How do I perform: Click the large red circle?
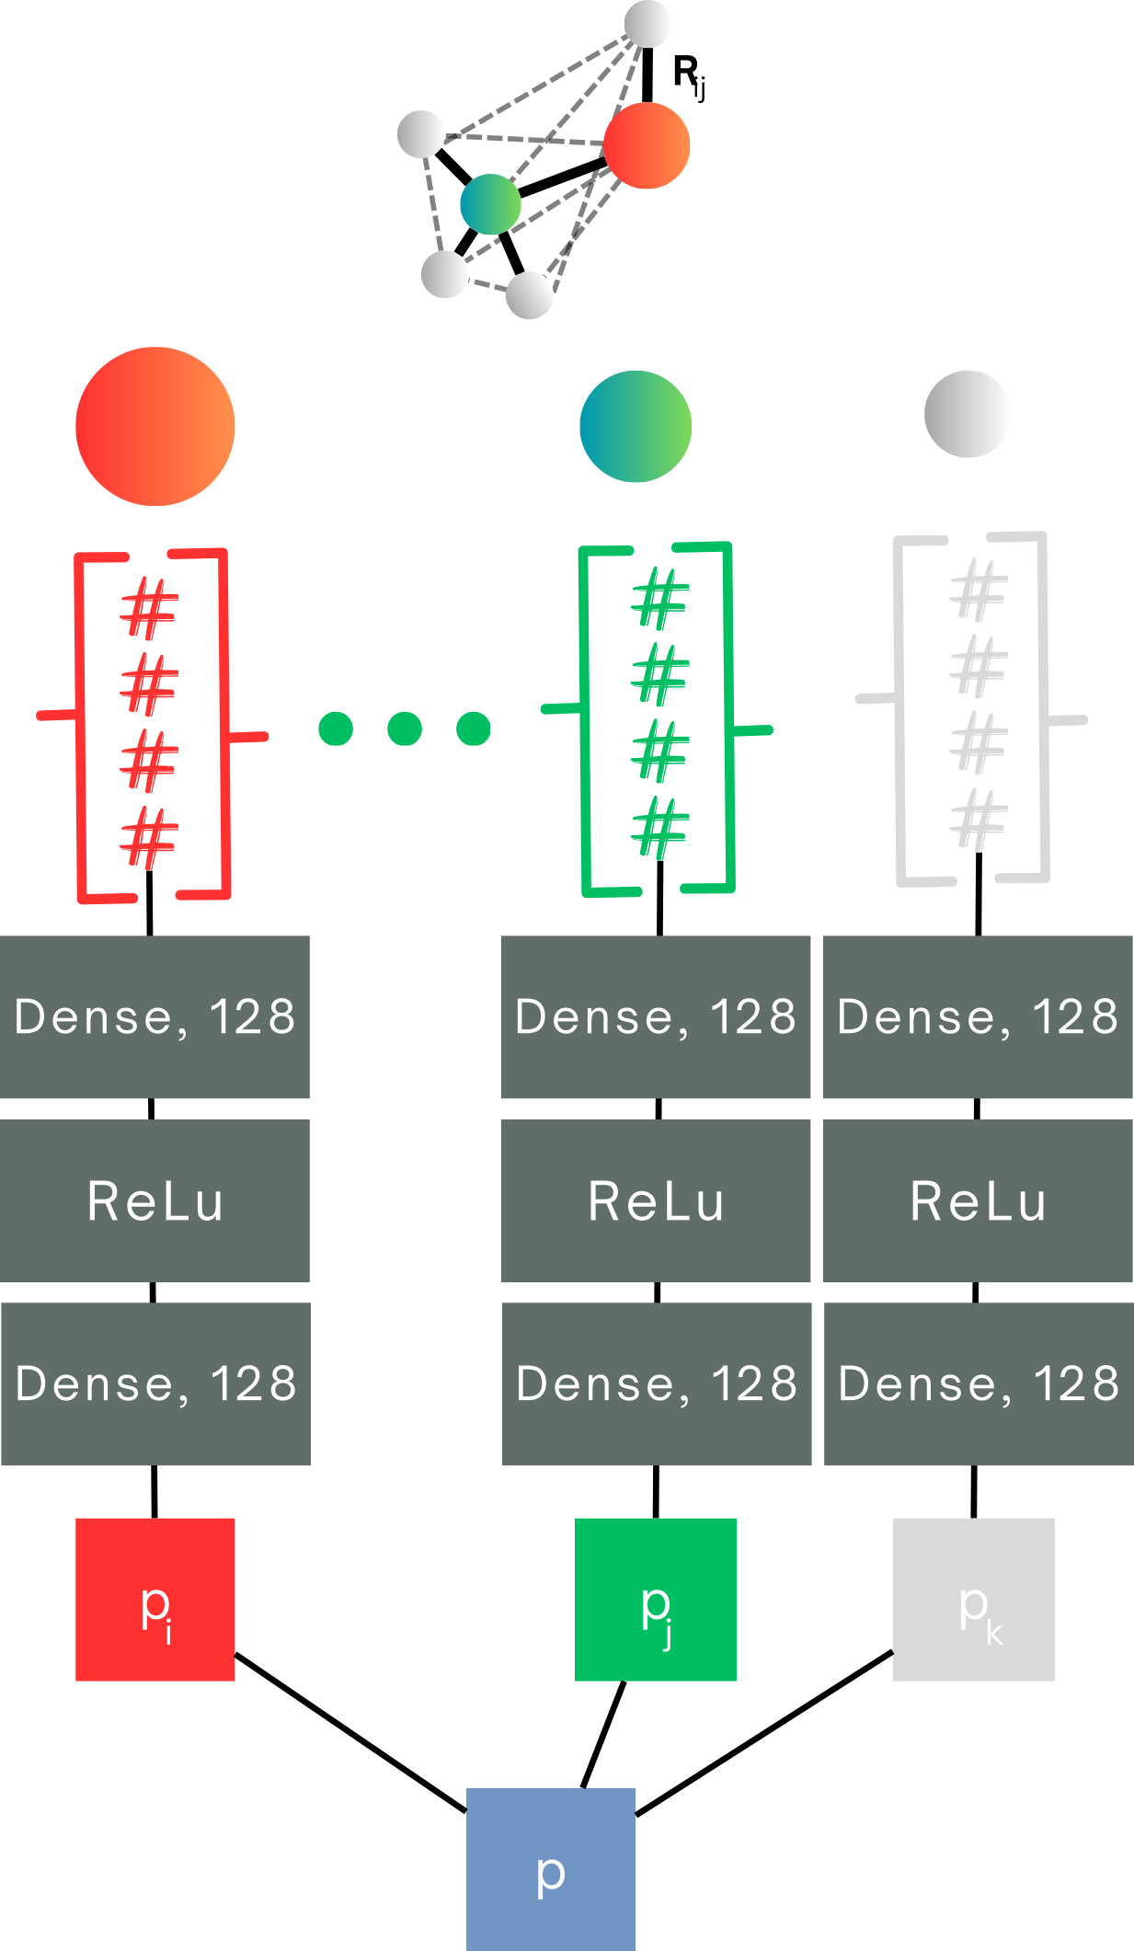155,426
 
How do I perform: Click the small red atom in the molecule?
647,145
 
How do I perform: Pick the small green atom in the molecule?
491,204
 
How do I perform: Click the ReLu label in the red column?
155,1201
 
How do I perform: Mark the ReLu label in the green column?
657,1201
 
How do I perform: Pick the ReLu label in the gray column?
979,1201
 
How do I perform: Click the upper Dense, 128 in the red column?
155,1016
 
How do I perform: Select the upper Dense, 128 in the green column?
656,1016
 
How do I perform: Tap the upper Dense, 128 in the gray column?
978,1016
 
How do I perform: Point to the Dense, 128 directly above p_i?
156,1383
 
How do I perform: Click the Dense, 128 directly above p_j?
657,1383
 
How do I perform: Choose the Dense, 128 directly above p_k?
979,1383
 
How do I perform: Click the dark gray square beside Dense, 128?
406,1384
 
